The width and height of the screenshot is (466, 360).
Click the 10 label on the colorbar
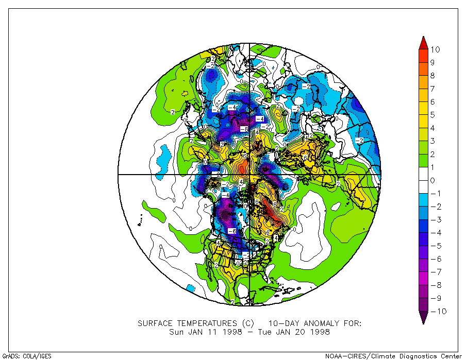pos(436,49)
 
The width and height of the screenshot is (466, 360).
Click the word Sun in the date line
pos(176,332)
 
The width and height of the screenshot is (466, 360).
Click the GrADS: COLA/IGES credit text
pos(27,356)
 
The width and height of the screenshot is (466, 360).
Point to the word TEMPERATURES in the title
pos(204,323)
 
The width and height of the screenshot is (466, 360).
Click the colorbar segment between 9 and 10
pos(423,56)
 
